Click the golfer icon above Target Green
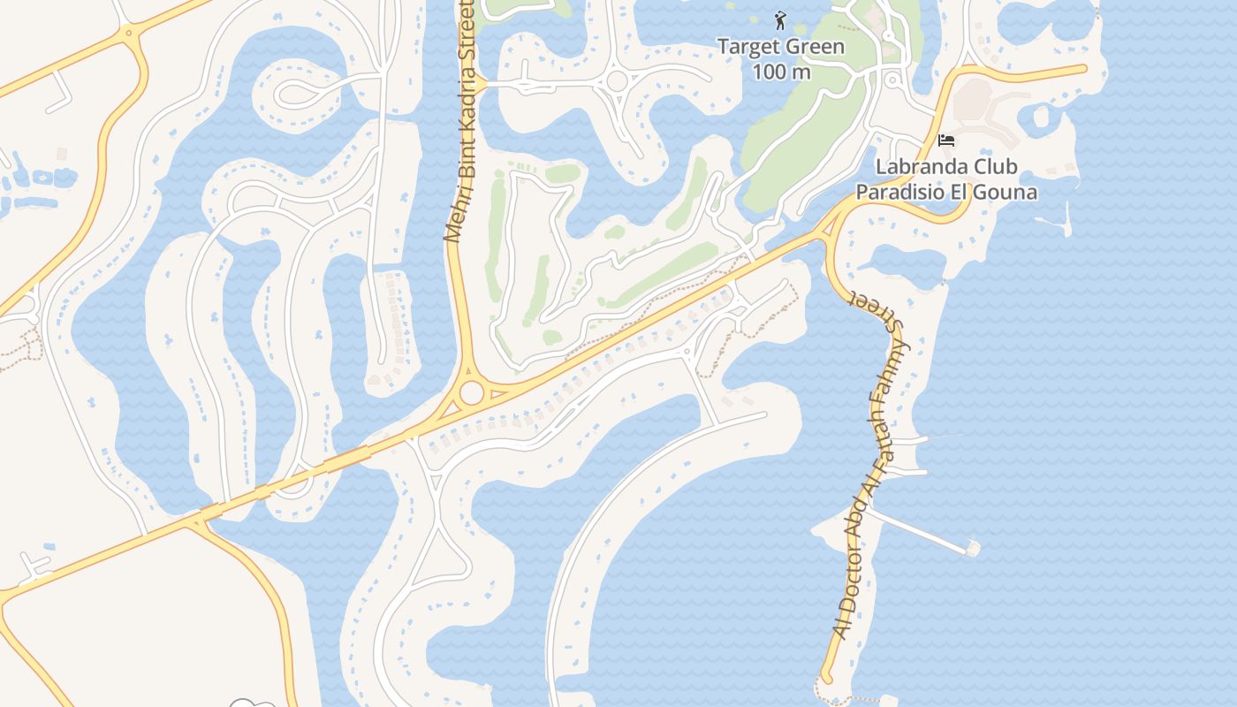779,20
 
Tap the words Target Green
780,47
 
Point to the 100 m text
781,72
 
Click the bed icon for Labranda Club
946,141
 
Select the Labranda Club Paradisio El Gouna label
946,179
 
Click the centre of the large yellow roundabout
472,392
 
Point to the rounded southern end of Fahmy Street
827,678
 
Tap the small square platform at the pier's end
973,549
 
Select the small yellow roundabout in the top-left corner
130,34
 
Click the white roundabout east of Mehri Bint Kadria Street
617,81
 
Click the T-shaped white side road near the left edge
35,566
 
